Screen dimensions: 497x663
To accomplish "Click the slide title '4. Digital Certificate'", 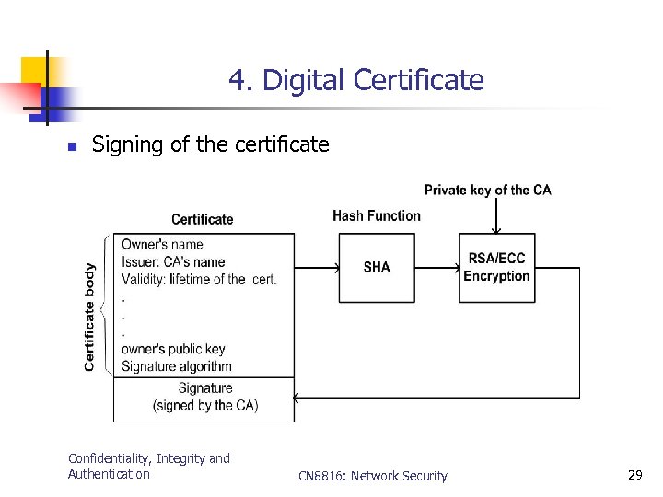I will click(x=355, y=80).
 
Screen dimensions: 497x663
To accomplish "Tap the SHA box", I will click(x=377, y=267).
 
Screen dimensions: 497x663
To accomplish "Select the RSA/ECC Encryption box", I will click(x=496, y=267).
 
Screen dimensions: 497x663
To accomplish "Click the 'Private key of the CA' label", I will click(x=487, y=191).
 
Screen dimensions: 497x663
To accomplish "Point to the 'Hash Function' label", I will click(x=377, y=215).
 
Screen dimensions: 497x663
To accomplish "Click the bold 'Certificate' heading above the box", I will click(x=203, y=219).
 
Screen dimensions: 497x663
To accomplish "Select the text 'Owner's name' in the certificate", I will click(x=162, y=244).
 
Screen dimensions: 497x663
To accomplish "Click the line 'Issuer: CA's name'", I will click(x=173, y=261).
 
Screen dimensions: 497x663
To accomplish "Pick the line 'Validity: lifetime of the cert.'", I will click(x=199, y=279).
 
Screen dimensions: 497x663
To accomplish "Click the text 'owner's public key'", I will click(x=173, y=349).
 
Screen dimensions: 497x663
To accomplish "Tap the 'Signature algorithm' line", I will click(x=177, y=366).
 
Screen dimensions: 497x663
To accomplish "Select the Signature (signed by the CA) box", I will click(x=204, y=398).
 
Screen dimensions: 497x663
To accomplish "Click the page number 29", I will click(x=634, y=475).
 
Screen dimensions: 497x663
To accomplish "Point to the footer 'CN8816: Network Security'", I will click(x=373, y=476).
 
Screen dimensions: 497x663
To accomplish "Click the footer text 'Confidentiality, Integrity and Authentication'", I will click(x=149, y=466).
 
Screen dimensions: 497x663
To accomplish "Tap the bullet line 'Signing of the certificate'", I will click(x=211, y=144).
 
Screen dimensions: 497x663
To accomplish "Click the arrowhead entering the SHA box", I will click(x=335, y=268).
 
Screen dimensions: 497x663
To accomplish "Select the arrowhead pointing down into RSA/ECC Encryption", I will click(x=496, y=230).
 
